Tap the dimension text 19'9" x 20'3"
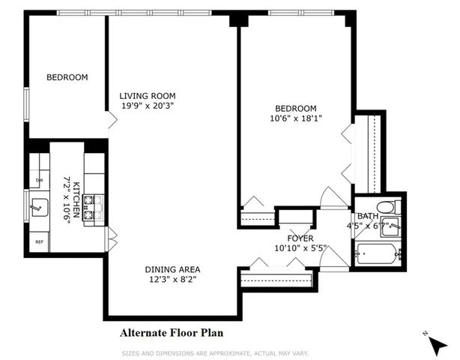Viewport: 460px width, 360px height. [148, 106]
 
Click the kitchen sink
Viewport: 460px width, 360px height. [39, 204]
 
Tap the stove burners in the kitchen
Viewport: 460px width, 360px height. [94, 208]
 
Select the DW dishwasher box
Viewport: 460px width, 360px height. [38, 180]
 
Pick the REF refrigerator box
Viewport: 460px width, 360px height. [39, 241]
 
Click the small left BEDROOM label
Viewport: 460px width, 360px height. [67, 77]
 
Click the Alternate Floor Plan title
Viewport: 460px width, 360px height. [171, 331]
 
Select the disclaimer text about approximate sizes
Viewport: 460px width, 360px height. [215, 352]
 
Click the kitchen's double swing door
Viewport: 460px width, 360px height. [112, 239]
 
